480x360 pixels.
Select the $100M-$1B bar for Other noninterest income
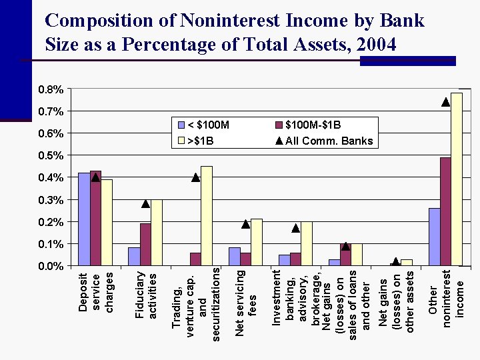(445, 211)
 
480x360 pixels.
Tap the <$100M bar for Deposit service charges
(84, 219)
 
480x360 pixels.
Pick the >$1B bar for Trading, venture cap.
(207, 216)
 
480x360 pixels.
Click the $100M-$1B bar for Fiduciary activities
(145, 245)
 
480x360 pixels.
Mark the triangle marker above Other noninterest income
(445, 102)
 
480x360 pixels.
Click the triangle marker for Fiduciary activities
(145, 203)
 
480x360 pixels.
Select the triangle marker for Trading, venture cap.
(195, 177)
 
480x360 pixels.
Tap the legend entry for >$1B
(200, 141)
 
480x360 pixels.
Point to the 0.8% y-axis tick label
(51, 89)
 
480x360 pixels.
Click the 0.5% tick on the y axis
(51, 155)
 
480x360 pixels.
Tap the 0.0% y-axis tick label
(51, 266)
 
